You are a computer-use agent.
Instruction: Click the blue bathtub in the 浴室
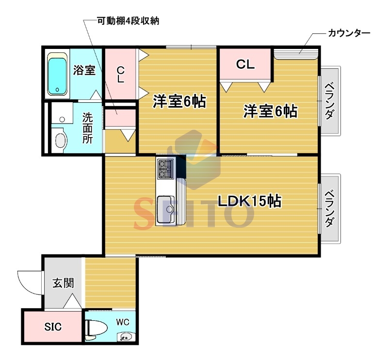coord(57,74)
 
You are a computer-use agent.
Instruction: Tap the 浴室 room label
coord(84,70)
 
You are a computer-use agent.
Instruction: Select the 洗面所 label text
coord(87,128)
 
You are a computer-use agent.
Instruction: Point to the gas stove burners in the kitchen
coord(165,169)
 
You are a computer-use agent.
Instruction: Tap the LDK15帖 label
coord(249,201)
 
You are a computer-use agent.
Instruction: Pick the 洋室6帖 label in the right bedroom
coord(271,111)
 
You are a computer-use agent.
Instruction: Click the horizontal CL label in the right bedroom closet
coord(245,64)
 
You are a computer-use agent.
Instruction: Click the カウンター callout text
coord(349,33)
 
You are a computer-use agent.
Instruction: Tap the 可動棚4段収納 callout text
coord(128,21)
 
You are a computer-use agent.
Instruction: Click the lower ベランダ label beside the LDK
coord(330,208)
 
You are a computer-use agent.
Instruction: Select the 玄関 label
coord(64,283)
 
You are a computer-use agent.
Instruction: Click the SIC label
coord(53,327)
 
